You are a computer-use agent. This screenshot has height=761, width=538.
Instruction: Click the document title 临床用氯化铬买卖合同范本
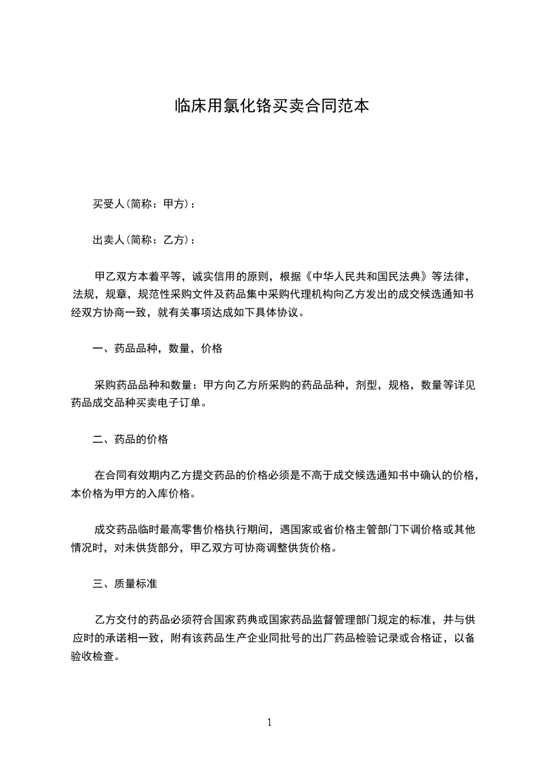coord(271,106)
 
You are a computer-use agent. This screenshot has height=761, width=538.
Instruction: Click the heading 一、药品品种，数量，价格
coord(157,349)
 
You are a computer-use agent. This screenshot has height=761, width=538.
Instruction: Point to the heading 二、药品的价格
coord(130,439)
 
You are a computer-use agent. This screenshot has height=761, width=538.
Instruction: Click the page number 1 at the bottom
coord(269,722)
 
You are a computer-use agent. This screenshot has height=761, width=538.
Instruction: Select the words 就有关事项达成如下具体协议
coord(235,313)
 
